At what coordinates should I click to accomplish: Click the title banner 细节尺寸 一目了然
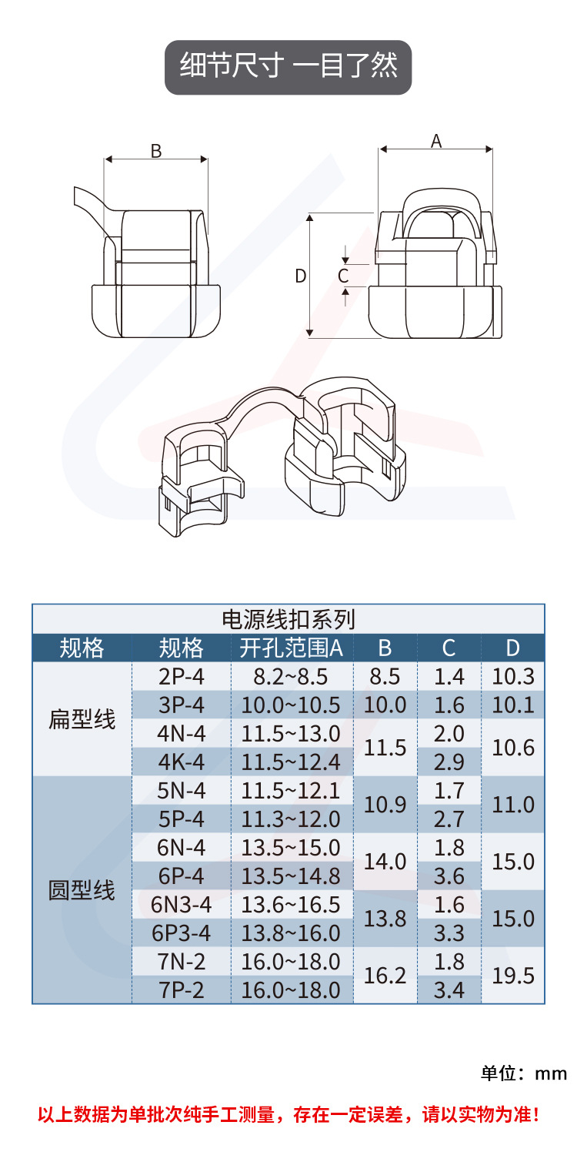[x=288, y=67]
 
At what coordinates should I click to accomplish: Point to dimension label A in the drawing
[x=436, y=141]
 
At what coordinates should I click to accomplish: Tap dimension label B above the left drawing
[x=156, y=151]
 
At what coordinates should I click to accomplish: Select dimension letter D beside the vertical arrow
[x=301, y=276]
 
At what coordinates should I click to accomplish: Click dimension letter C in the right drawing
[x=344, y=276]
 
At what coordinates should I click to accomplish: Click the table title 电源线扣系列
[x=288, y=618]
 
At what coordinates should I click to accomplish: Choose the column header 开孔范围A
[x=291, y=648]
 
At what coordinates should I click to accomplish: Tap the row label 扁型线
[x=82, y=720]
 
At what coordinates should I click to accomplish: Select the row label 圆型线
[x=82, y=891]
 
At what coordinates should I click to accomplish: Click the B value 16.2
[x=385, y=976]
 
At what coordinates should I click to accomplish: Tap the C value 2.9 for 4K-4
[x=449, y=762]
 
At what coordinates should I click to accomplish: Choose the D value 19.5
[x=513, y=976]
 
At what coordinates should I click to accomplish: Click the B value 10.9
[x=385, y=805]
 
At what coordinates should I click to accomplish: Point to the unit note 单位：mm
[x=524, y=1073]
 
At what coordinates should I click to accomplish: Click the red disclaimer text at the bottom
[x=288, y=1113]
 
